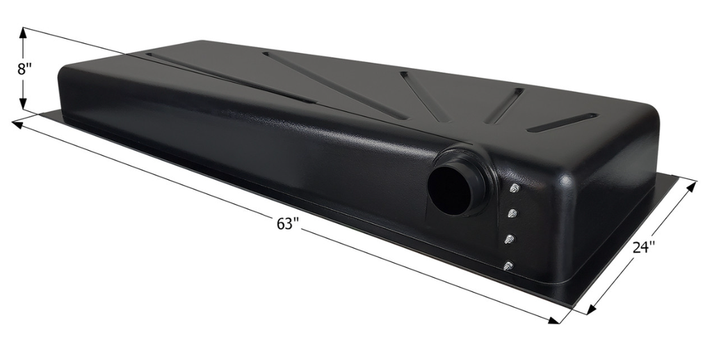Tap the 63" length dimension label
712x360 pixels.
point(287,224)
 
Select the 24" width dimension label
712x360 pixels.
point(644,248)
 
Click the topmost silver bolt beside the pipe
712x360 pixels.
point(515,188)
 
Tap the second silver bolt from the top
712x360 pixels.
point(513,213)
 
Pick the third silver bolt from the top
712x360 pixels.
point(510,239)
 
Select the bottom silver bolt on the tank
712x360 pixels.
point(508,265)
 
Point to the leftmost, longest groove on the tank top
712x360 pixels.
point(229,77)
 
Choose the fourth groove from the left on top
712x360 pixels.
point(504,106)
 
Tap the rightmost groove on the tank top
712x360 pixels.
point(562,122)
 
